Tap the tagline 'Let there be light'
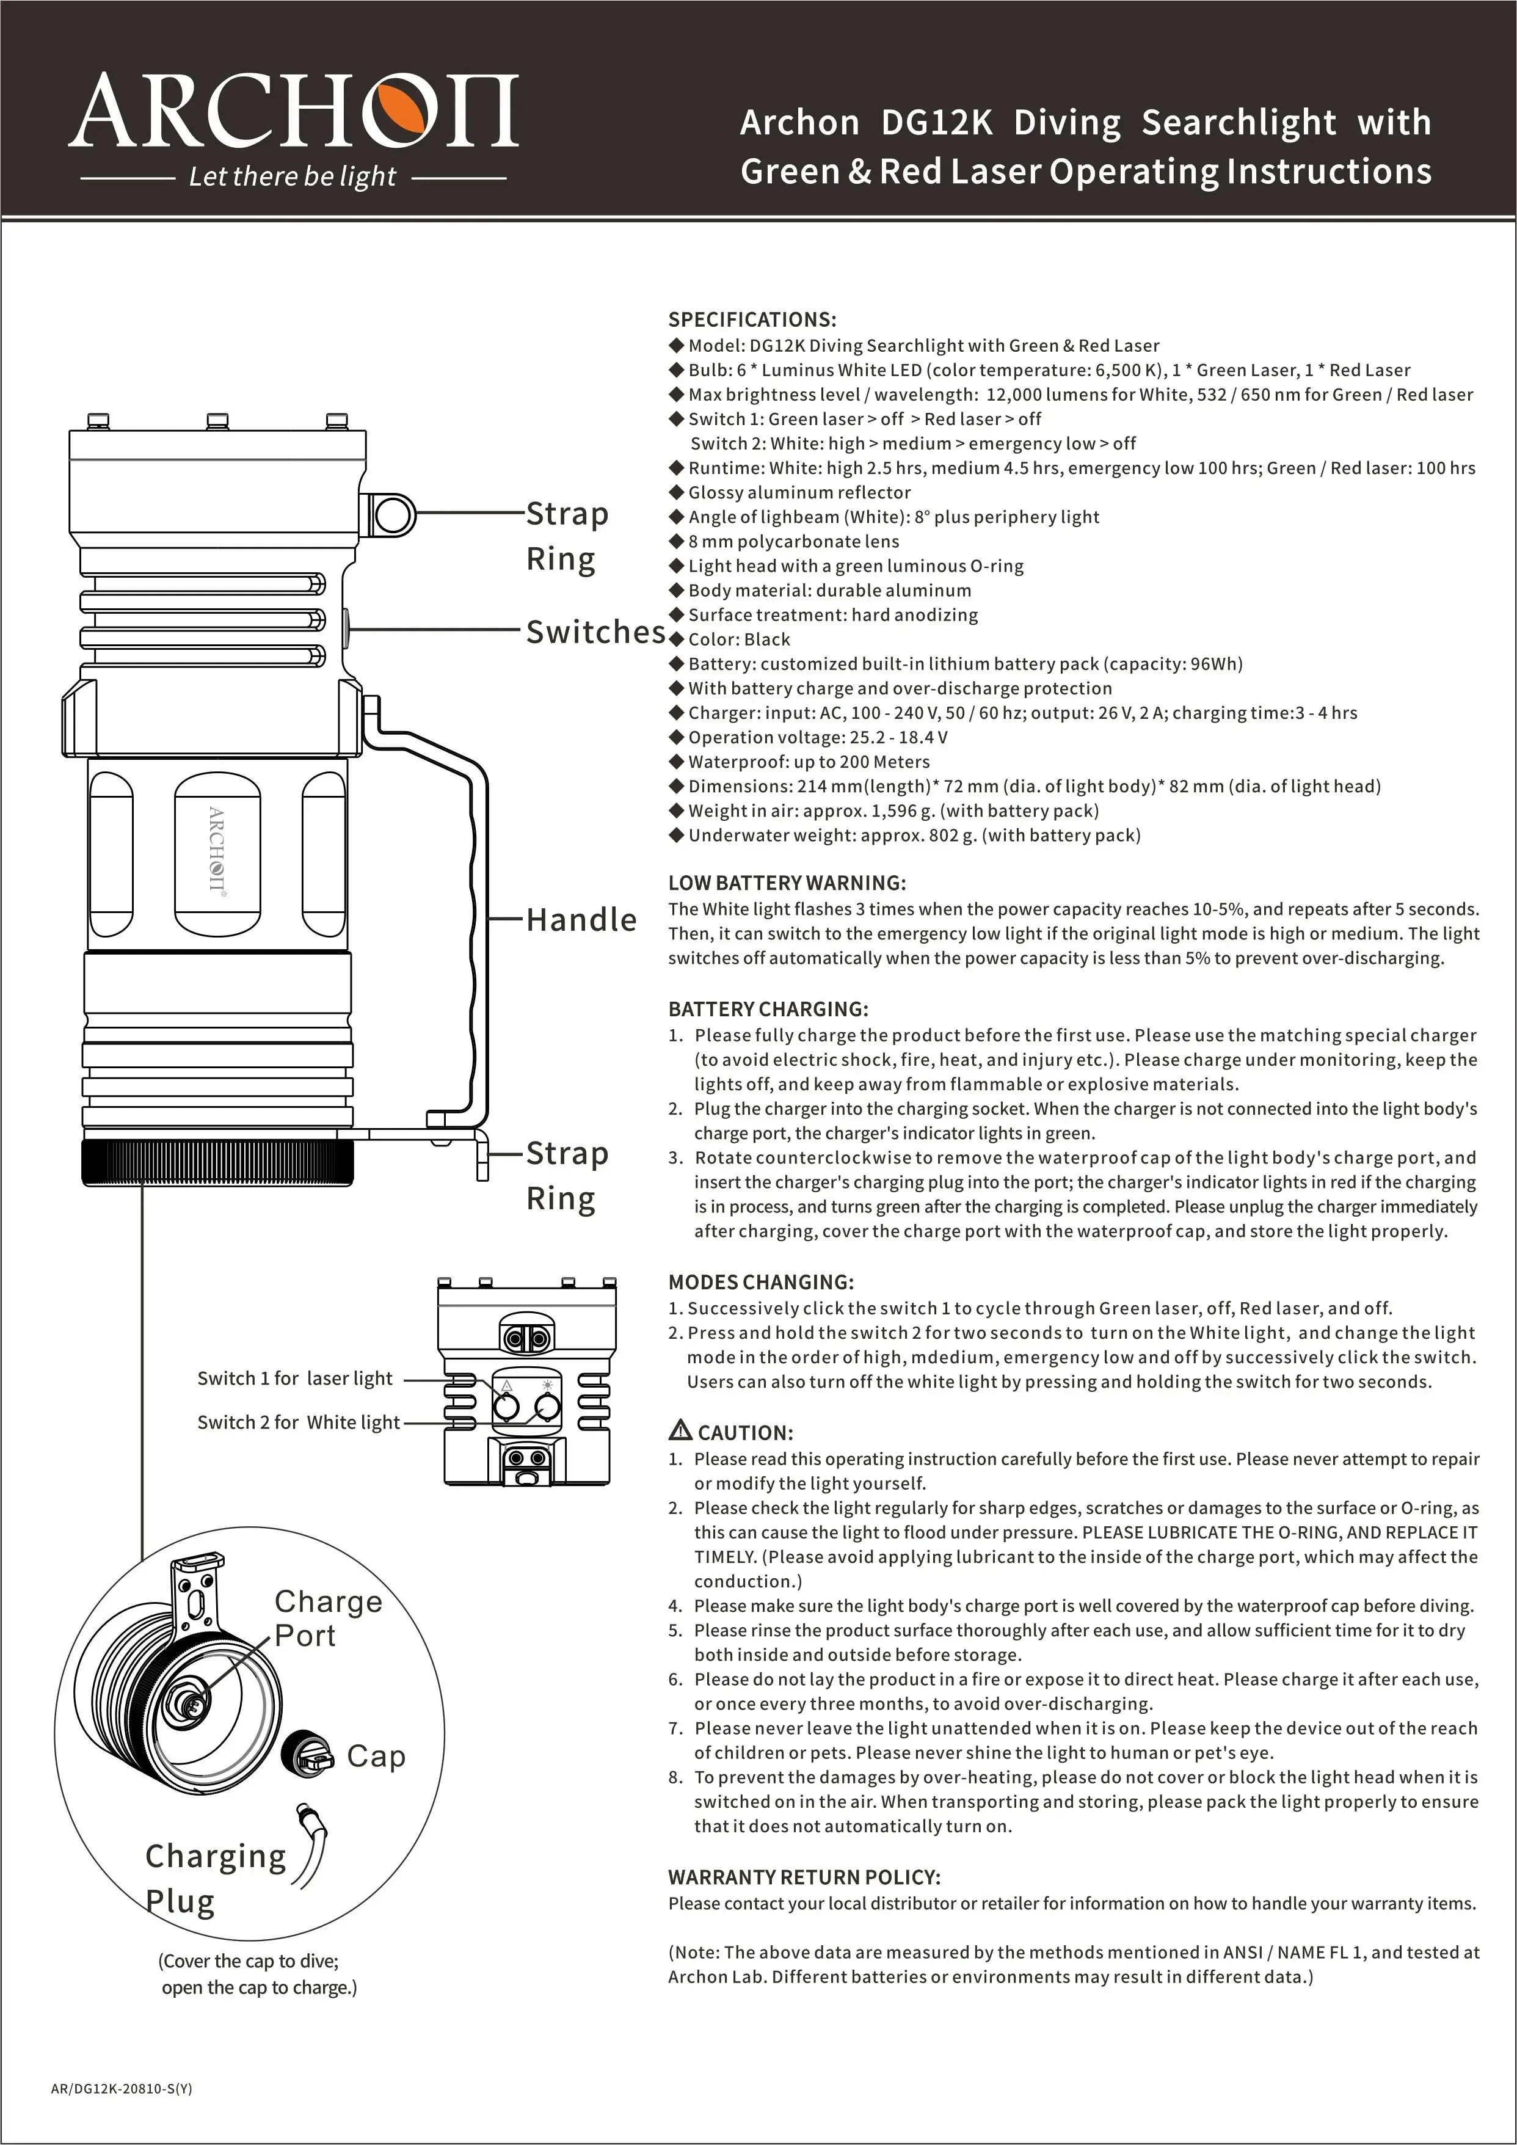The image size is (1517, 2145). (293, 177)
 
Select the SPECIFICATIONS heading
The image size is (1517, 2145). (752, 319)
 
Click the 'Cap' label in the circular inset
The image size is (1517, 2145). (376, 1757)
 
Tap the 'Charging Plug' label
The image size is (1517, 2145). (215, 1878)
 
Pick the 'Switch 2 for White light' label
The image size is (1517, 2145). (298, 1422)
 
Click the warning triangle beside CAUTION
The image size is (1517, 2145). (681, 1430)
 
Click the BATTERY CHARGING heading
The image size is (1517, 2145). (768, 1009)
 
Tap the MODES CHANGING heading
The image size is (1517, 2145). (760, 1282)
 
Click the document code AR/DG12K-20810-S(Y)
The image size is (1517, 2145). (122, 2088)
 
